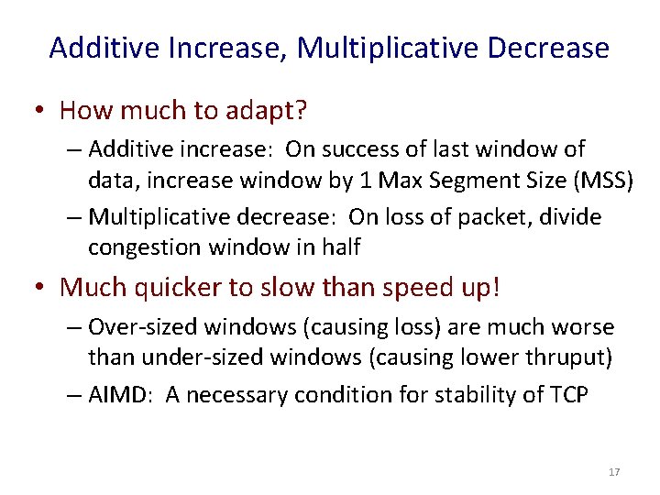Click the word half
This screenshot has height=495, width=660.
click(x=340, y=247)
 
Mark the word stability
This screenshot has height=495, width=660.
click(x=486, y=395)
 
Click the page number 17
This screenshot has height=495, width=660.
click(x=614, y=472)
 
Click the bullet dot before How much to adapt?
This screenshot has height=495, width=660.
click(x=40, y=112)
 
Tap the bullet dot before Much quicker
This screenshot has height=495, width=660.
click(x=40, y=288)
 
